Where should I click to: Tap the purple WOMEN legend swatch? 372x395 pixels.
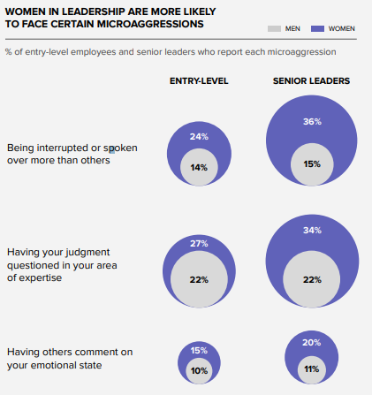[x=315, y=28]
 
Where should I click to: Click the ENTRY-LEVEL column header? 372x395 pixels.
[x=199, y=81]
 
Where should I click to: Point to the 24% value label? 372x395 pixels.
[x=199, y=137]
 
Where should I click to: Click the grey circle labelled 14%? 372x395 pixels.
[x=199, y=166]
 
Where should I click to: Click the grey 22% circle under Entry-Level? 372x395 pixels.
[x=199, y=279]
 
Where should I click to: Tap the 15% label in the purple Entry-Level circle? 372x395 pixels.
[x=199, y=351]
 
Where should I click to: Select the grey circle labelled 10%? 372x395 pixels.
[x=199, y=370]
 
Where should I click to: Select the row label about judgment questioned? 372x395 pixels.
[x=61, y=264]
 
